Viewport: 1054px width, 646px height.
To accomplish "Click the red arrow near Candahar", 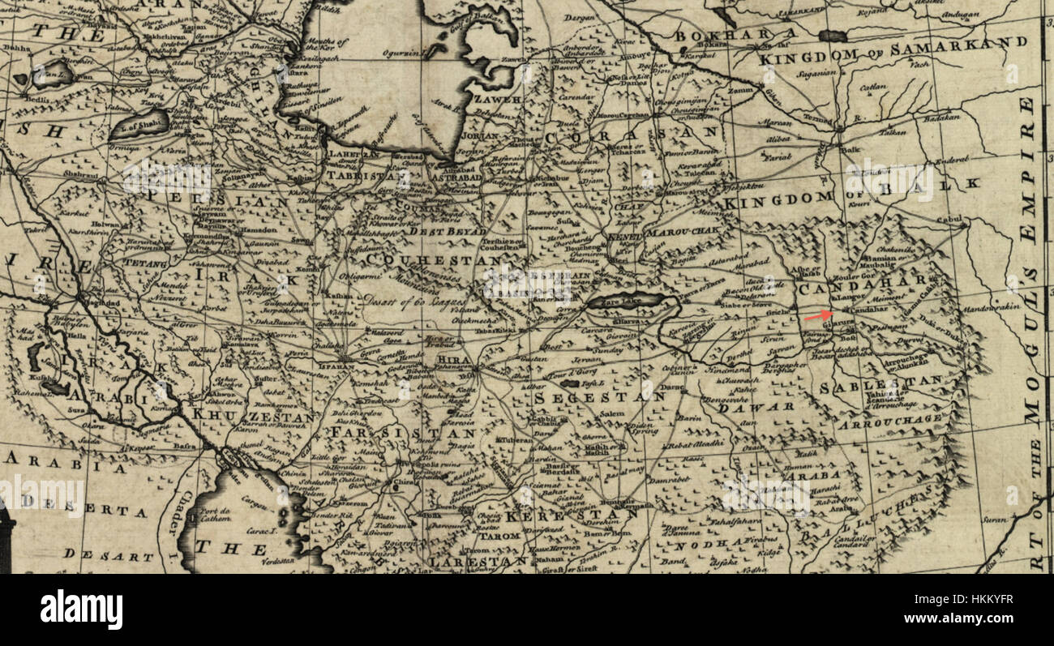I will (x=818, y=316).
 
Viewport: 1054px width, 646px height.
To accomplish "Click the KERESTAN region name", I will (x=560, y=515).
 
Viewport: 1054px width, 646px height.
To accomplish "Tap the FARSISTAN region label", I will (x=403, y=434).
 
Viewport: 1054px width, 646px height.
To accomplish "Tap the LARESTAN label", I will (x=478, y=562).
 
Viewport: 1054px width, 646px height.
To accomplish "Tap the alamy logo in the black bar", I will (x=81, y=610).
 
